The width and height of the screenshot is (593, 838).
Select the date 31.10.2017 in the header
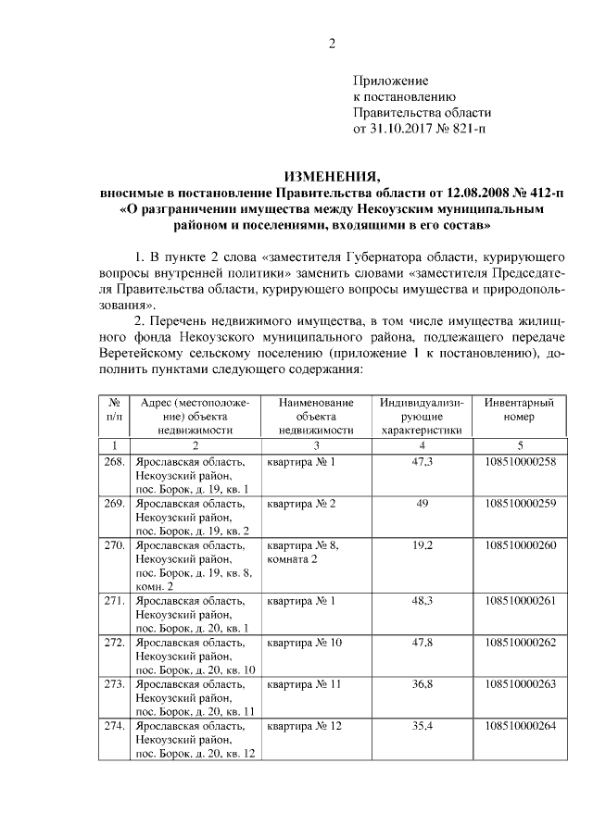coord(400,129)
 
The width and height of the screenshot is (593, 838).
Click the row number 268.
coord(114,462)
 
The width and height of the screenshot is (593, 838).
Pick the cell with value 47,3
coord(423,462)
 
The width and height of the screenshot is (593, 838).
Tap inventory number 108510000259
coord(520,504)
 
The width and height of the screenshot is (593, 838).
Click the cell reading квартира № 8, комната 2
coord(302,552)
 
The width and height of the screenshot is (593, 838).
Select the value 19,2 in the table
coord(423,545)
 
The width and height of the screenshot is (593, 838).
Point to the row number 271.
coord(114,601)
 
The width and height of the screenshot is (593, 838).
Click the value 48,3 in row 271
coord(423,601)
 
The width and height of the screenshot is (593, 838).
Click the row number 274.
coord(114,726)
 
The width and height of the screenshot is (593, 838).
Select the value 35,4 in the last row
coord(423,726)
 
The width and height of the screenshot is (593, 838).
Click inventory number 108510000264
coord(520,726)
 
